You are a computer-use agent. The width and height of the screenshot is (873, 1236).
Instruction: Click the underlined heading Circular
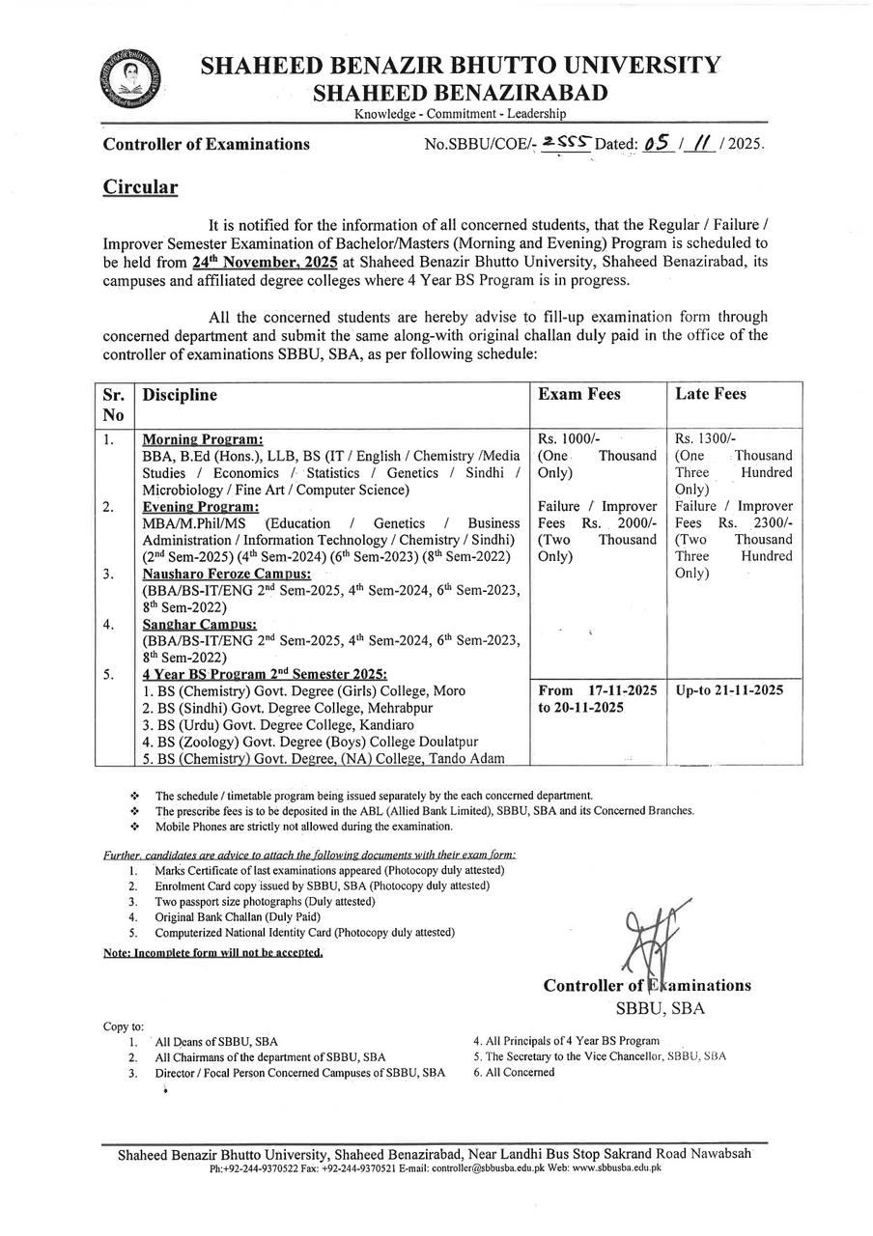140,186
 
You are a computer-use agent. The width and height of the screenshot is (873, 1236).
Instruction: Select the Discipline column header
179,395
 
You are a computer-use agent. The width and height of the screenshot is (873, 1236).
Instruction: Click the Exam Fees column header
578,394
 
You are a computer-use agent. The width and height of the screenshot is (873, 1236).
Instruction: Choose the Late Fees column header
710,394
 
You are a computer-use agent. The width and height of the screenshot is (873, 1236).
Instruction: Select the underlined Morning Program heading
203,439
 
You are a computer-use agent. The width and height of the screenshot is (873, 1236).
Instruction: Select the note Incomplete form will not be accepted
212,952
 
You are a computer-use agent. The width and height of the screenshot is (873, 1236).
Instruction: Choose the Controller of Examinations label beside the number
207,145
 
